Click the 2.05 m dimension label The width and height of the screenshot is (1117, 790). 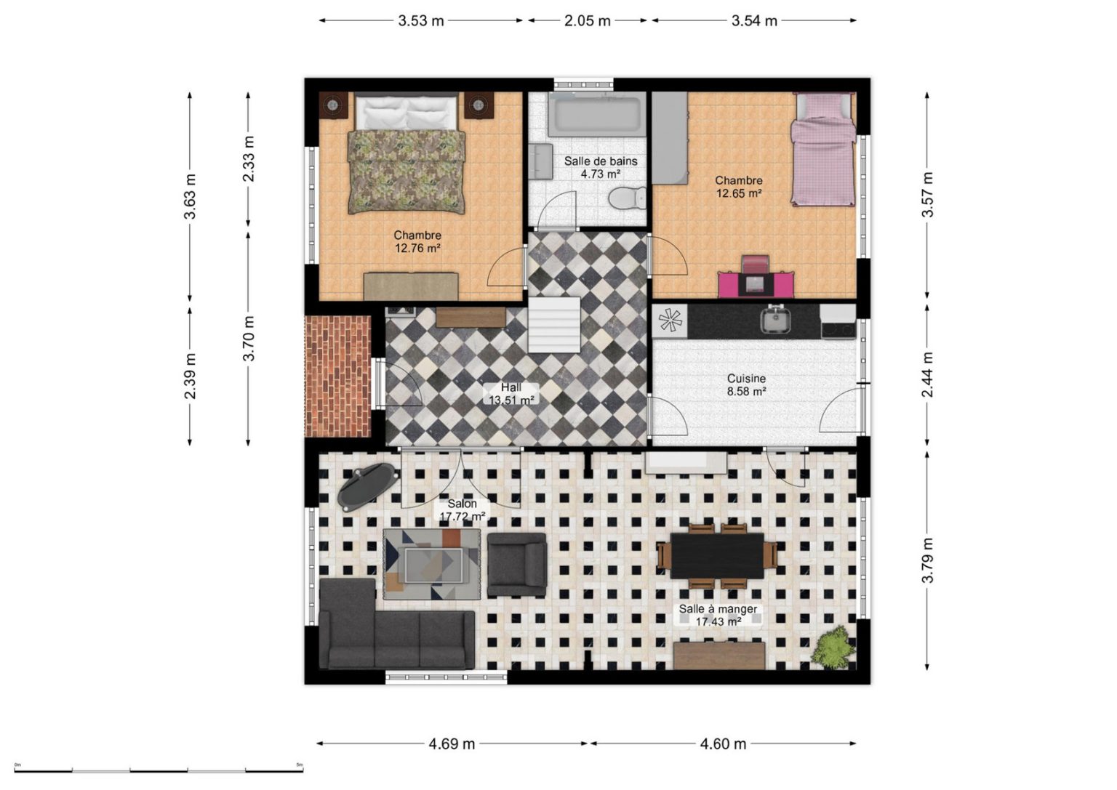click(x=588, y=21)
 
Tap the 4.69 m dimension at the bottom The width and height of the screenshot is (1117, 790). click(x=452, y=743)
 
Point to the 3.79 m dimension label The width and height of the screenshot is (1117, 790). click(x=927, y=560)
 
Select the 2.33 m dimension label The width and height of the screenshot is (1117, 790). click(x=248, y=158)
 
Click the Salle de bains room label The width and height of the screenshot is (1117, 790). click(x=601, y=161)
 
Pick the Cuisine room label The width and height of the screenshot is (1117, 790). click(x=746, y=379)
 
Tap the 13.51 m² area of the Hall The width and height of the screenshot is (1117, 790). click(x=512, y=400)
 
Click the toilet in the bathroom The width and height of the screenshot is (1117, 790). click(x=628, y=198)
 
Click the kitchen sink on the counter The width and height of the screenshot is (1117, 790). click(x=775, y=320)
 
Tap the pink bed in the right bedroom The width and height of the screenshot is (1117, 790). click(x=822, y=149)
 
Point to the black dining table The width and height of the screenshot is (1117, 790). click(x=717, y=555)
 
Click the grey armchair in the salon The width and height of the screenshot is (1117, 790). click(x=516, y=564)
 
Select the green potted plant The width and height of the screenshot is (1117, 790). click(x=833, y=647)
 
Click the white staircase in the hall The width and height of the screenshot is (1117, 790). click(x=554, y=324)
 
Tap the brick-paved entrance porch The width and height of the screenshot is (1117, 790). click(x=338, y=376)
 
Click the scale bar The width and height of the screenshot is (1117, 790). click(x=159, y=770)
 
